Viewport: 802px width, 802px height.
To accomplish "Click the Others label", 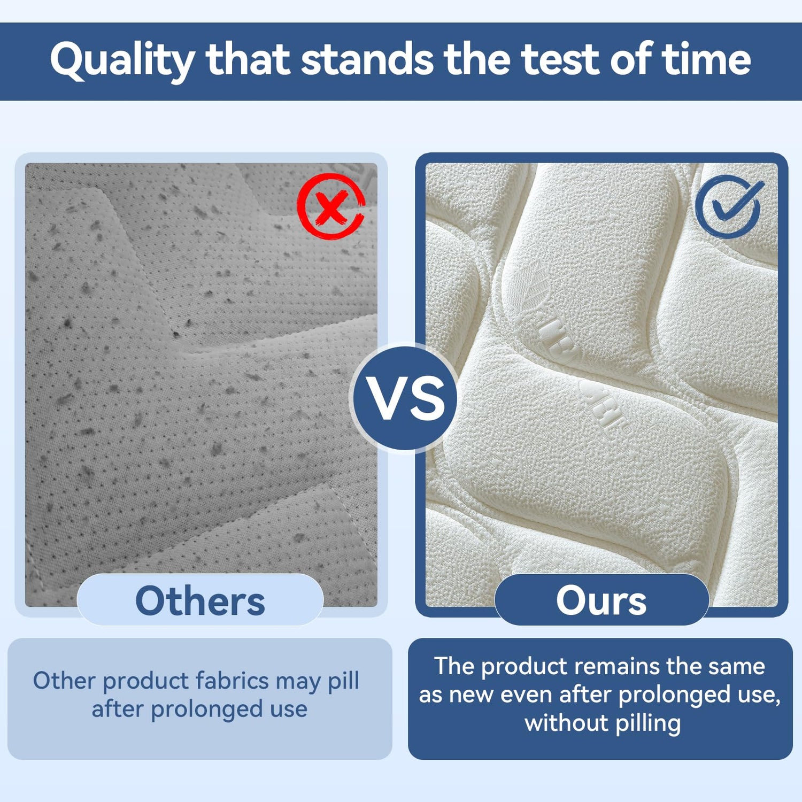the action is click(200, 600).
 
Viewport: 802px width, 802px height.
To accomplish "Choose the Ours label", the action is click(601, 600).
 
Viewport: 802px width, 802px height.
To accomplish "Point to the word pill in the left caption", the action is click(343, 681).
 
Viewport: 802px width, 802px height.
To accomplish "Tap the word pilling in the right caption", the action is click(648, 724).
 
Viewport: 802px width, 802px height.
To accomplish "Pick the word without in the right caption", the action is click(567, 723).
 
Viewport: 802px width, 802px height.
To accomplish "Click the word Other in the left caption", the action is click(64, 680).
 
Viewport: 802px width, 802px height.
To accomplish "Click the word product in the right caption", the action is click(524, 667).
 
